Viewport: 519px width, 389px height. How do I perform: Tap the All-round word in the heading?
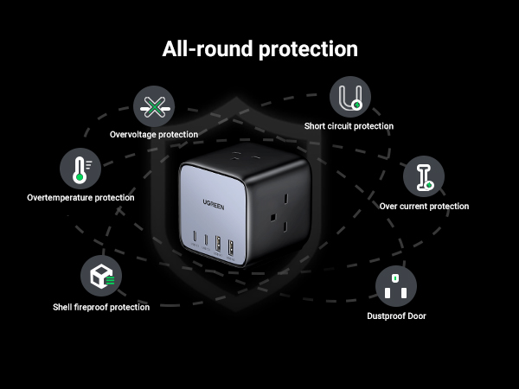[197, 48]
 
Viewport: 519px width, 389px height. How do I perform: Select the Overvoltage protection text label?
[154, 134]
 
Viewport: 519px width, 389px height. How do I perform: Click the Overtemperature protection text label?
[80, 197]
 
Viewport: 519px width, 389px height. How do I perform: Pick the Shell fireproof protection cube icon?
[101, 277]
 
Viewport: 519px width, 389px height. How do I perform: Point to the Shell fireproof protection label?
[101, 307]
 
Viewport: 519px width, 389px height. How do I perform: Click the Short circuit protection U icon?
[349, 98]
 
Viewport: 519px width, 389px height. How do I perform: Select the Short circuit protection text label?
[349, 126]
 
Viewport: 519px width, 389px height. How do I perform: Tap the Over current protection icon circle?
[424, 176]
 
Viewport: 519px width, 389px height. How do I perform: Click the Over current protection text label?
[424, 206]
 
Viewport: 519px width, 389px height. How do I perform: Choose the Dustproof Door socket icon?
[395, 286]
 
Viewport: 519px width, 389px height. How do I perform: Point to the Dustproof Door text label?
[396, 316]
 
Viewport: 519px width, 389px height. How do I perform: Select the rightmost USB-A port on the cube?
[230, 246]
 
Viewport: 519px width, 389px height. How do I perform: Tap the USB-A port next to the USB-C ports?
[219, 243]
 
